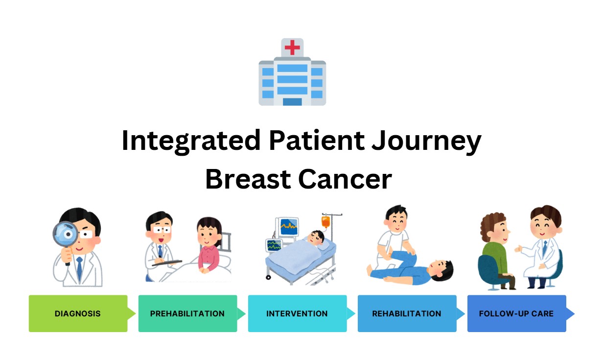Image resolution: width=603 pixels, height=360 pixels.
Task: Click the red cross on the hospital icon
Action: (x=292, y=48)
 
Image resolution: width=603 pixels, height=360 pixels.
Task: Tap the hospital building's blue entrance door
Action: (x=292, y=102)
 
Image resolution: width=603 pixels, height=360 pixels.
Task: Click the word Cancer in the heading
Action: (x=345, y=179)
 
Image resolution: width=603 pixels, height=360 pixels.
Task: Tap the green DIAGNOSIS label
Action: (x=78, y=313)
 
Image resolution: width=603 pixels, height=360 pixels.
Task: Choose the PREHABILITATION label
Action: (x=187, y=313)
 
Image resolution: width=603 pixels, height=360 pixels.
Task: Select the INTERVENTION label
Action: (x=297, y=313)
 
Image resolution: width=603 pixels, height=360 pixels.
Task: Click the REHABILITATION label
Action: (x=407, y=313)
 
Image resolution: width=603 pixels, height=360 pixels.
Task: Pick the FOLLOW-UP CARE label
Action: (x=516, y=313)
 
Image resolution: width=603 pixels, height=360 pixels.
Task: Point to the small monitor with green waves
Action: (x=274, y=245)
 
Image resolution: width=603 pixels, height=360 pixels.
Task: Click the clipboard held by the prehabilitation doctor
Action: (x=167, y=263)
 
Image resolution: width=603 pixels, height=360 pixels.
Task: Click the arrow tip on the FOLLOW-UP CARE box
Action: (x=575, y=313)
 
